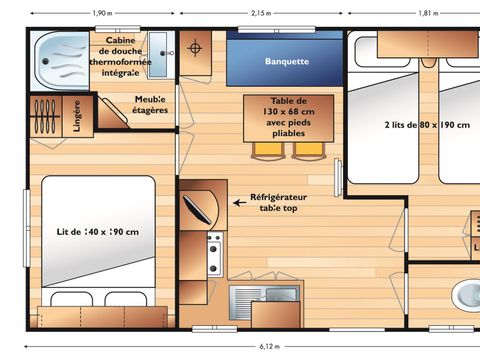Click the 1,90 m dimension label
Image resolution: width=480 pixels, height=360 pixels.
coord(101,13)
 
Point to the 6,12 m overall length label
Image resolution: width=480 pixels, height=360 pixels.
coord(269,347)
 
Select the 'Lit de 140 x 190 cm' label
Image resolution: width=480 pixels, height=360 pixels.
coord(99,233)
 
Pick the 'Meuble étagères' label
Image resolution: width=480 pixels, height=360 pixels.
coord(151,105)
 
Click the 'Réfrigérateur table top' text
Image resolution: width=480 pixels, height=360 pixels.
coord(278,203)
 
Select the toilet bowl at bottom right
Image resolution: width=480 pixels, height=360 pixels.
coord(466,295)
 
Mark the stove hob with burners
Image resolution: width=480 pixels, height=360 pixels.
coord(212,254)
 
